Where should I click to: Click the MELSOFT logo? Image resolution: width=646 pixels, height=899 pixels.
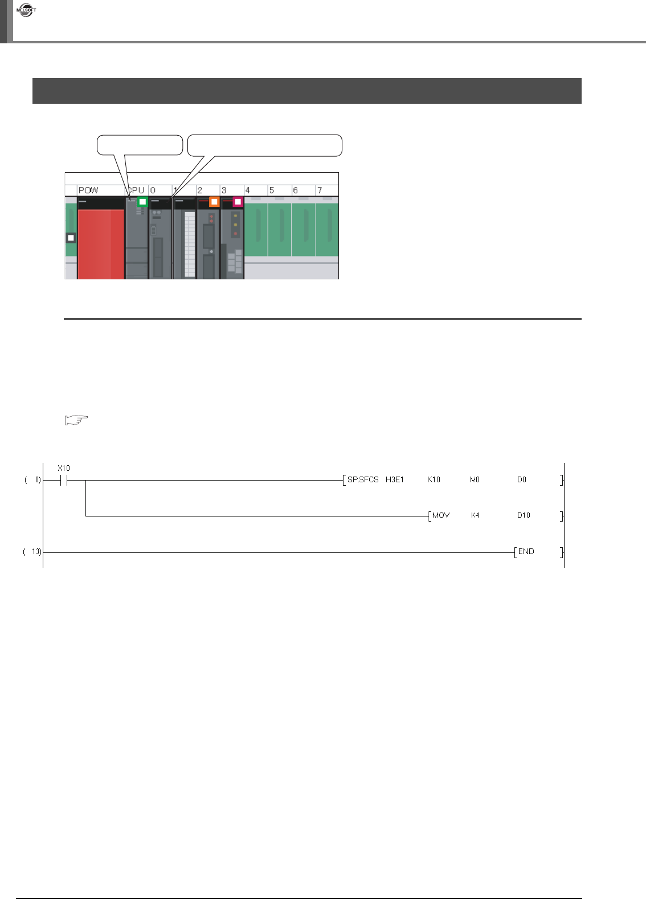26,10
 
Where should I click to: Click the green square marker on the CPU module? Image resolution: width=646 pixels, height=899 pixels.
142,201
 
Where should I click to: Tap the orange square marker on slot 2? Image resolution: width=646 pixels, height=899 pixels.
214,201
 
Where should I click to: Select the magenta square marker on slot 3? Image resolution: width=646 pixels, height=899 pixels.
238,201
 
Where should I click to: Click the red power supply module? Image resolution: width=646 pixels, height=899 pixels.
101,244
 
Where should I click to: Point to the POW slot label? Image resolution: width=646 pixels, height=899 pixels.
88,190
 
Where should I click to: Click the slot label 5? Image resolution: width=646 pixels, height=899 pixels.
272,190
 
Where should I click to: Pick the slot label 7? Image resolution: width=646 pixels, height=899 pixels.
320,190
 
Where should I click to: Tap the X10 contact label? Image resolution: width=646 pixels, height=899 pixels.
64,468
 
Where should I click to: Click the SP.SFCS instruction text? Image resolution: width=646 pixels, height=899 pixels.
363,479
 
